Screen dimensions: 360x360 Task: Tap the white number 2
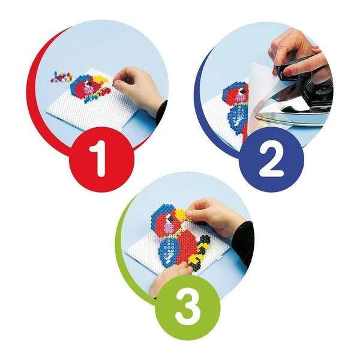pyautogui.click(x=271, y=160)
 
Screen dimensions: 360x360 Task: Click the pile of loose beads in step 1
pyautogui.click(x=62, y=77)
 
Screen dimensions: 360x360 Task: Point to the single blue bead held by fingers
pyautogui.click(x=113, y=85)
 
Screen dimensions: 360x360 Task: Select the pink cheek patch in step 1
pyautogui.click(x=88, y=88)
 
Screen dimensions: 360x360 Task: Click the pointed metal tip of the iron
pyautogui.click(x=257, y=118)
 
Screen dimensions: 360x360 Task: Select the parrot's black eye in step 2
pyautogui.click(x=241, y=92)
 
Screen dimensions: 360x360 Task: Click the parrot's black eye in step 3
pyautogui.click(x=170, y=218)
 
